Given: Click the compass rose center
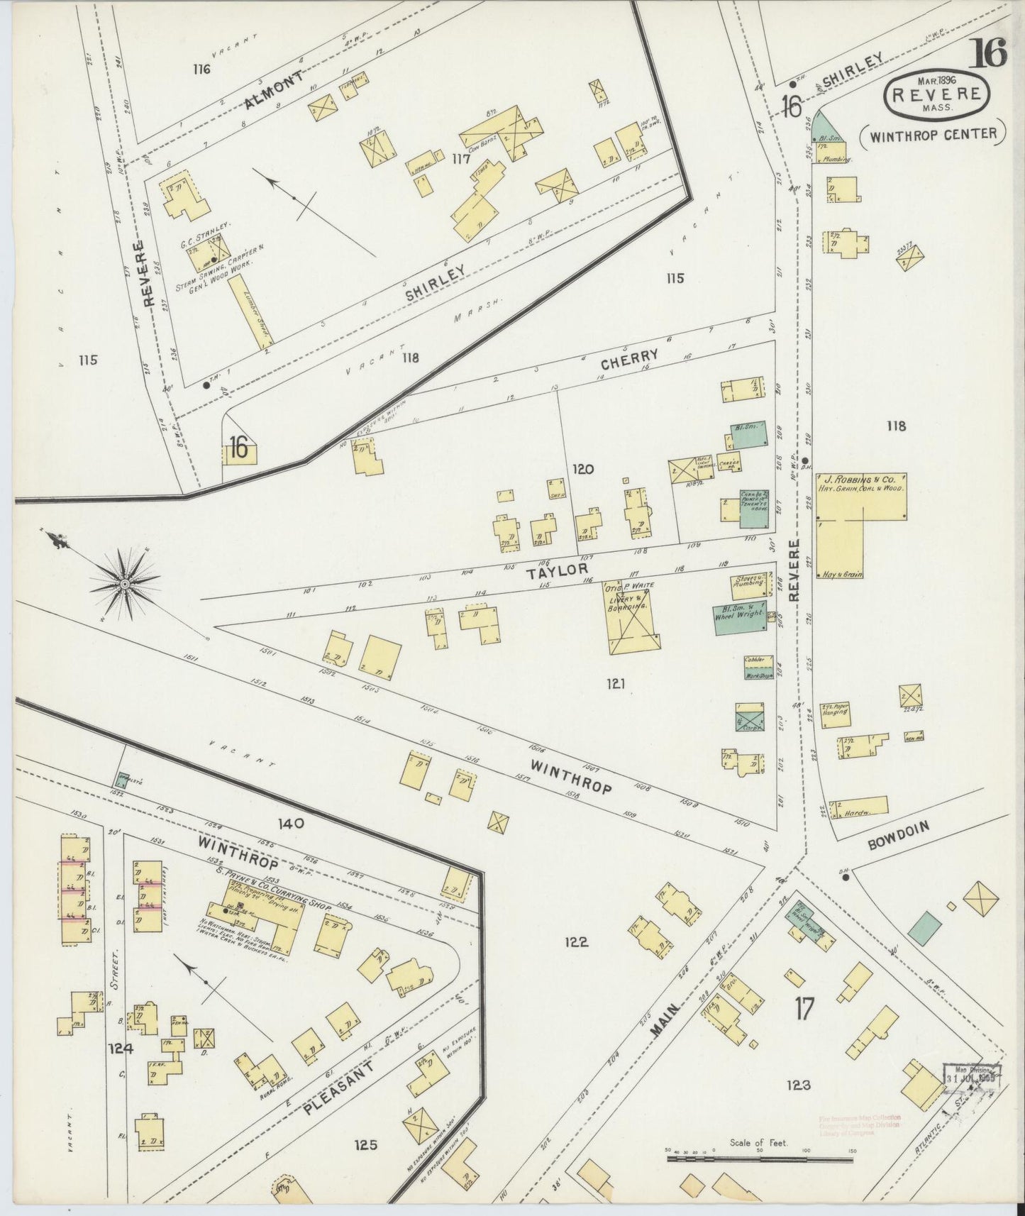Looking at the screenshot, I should (125, 584).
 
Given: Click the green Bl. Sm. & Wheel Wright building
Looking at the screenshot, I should (740, 618).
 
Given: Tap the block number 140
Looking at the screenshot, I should (291, 824).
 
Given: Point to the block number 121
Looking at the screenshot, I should (615, 685).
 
